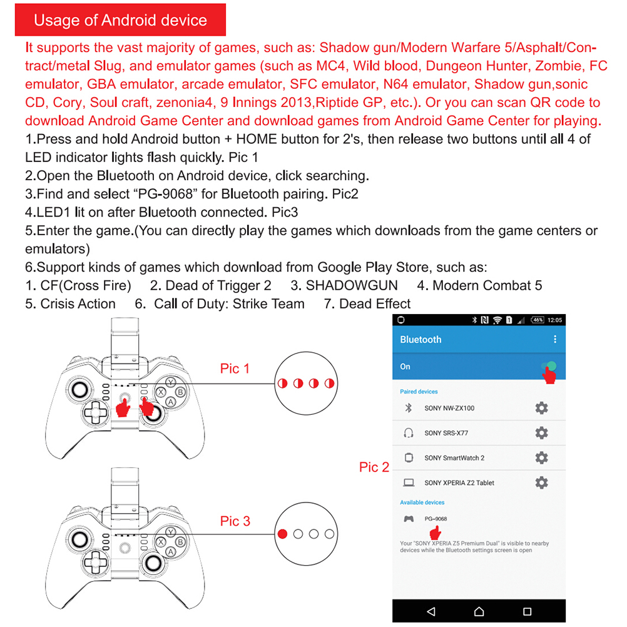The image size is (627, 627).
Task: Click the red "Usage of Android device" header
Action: (120, 20)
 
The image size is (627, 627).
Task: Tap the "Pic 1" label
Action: (235, 369)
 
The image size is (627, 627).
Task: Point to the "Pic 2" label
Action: (374, 467)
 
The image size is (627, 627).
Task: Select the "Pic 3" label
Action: (235, 521)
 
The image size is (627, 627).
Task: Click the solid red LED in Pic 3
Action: (283, 534)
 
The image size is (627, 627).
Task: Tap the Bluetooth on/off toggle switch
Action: (549, 367)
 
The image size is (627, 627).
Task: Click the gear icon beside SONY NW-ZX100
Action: (541, 408)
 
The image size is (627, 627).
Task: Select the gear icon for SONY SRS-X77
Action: (541, 432)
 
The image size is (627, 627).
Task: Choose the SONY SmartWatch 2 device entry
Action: (454, 458)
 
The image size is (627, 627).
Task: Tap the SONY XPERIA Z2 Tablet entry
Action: (459, 482)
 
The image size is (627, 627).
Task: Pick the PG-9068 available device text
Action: (436, 519)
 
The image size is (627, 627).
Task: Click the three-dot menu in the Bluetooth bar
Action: (554, 339)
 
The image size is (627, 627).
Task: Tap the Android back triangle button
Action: (430, 611)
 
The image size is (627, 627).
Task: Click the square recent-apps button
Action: (528, 611)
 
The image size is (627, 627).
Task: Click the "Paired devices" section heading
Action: (419, 392)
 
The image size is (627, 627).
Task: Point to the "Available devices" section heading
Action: (422, 502)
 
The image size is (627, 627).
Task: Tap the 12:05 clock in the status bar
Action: (554, 320)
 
